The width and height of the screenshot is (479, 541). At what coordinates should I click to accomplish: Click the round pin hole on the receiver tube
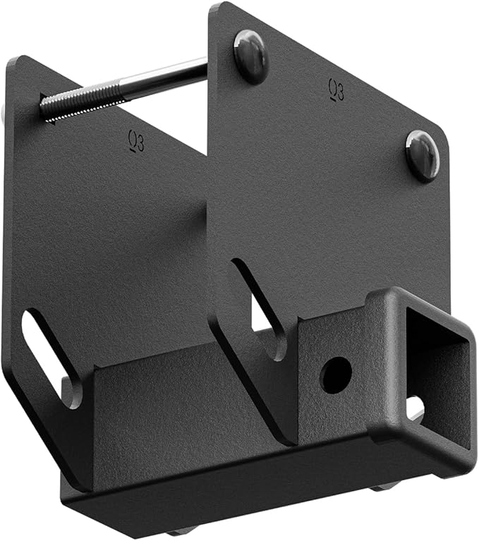coord(336,372)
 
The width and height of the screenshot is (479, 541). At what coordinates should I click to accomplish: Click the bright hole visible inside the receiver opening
coord(415,408)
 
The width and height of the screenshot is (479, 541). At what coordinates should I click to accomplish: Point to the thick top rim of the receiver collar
coord(416,300)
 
